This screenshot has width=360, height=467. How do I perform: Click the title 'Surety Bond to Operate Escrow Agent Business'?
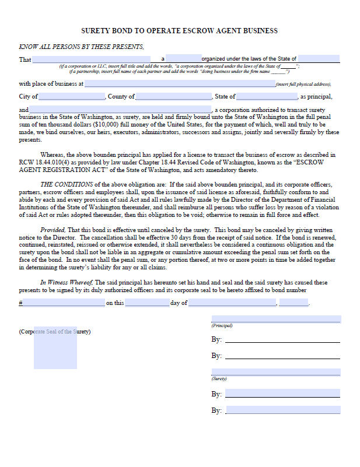tap(179, 31)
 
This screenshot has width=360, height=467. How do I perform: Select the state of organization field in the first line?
tap(319, 59)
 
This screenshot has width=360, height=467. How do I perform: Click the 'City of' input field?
tap(72, 97)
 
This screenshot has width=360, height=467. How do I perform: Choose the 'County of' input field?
tap(174, 97)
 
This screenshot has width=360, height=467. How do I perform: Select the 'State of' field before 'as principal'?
tap(267, 97)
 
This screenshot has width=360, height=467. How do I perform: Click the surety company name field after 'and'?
tap(120, 110)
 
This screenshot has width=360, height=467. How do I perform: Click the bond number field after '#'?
tap(64, 303)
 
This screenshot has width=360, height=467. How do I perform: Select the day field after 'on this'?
tap(146, 303)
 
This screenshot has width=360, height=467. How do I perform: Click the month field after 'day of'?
tap(232, 303)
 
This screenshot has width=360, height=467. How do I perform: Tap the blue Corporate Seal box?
tap(55, 347)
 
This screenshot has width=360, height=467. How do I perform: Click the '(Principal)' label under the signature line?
tap(222, 325)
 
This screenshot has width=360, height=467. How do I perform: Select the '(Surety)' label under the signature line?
tap(219, 378)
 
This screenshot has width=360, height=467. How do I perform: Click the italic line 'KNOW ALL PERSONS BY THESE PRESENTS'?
tap(81, 47)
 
